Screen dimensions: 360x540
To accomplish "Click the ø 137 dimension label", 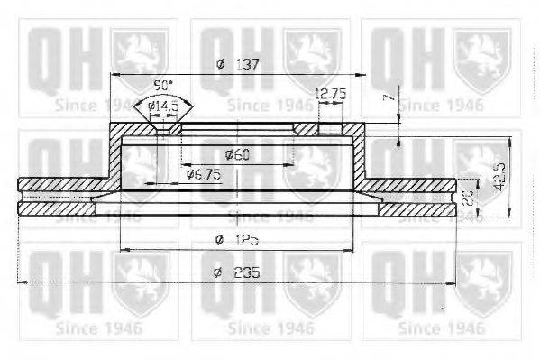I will pyautogui.click(x=238, y=64).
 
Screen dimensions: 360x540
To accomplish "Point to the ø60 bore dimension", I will pyautogui.click(x=238, y=154).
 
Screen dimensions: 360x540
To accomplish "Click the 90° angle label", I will pyautogui.click(x=163, y=85).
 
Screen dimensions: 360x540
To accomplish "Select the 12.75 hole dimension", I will pyautogui.click(x=331, y=93).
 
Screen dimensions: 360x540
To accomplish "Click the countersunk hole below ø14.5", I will pyautogui.click(x=163, y=128).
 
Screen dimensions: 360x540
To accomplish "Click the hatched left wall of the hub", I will pyautogui.click(x=115, y=153).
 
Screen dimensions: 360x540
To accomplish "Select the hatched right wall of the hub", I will pyautogui.click(x=361, y=153).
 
